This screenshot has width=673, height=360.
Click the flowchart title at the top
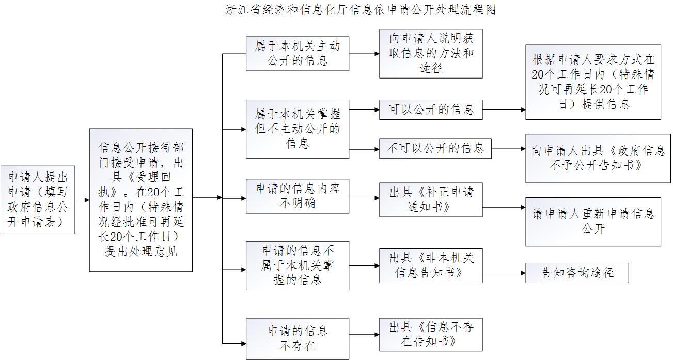pos(361,10)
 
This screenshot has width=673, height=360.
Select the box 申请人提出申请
pos(38,200)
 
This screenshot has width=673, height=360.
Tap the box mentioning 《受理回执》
pos(140,200)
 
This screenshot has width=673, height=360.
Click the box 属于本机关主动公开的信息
pos(297,53)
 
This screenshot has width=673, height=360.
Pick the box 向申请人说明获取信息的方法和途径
pos(431,53)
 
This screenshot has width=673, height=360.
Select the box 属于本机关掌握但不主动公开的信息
pos(297,129)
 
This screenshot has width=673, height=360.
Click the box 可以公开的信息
pos(431,109)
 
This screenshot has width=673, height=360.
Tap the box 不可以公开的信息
pos(435,149)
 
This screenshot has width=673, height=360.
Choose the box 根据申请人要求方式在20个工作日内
pos(593,82)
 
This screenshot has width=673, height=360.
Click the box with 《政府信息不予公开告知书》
pos(598,159)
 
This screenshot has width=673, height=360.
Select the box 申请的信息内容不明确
pos(297,196)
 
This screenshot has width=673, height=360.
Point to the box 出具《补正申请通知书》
pos(431,199)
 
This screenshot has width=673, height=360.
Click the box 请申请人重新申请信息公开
pos(593,221)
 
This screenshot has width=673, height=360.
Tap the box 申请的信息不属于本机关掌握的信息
pos(297,265)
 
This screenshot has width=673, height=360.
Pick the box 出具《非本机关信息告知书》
pos(431,265)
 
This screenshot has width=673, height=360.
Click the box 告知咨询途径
pos(577,272)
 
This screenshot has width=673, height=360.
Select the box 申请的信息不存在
pos(297,338)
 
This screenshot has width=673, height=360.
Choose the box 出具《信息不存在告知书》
pos(431,334)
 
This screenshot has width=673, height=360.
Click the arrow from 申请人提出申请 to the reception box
pos(82,200)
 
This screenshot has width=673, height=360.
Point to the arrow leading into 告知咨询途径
pos(504,272)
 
